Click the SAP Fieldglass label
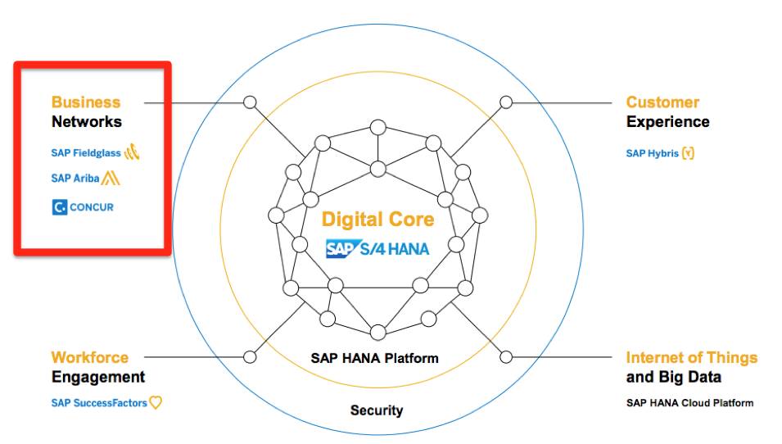[x=86, y=153]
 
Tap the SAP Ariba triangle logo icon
[x=111, y=178]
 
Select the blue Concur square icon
[x=59, y=207]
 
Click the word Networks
[x=87, y=122]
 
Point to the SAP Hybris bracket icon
[x=688, y=153]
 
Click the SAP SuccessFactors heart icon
[x=156, y=402]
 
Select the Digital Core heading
[x=377, y=220]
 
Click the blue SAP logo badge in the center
[x=343, y=248]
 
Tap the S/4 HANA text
[x=395, y=248]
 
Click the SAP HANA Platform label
[x=374, y=358]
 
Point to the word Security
[x=377, y=410]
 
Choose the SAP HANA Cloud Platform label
[x=689, y=402]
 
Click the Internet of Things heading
[x=692, y=358]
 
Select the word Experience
[x=668, y=122]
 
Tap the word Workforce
[x=90, y=358]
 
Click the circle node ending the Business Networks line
[x=250, y=102]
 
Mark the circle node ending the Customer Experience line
[x=506, y=102]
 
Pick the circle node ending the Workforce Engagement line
[x=250, y=357]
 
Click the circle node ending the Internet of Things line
[x=506, y=357]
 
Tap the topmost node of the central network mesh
[x=378, y=127]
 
